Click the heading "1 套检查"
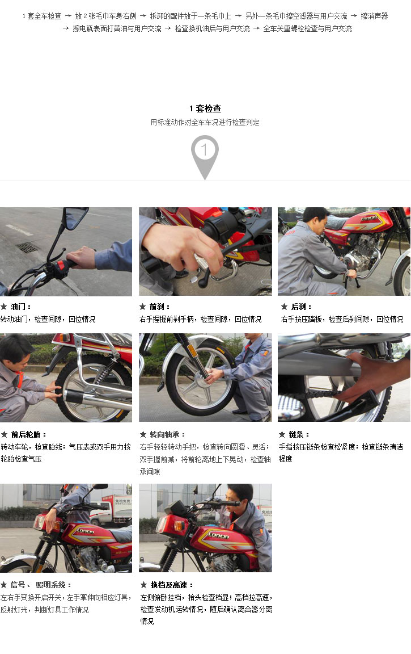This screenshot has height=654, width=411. (205, 109)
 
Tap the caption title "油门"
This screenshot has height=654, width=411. (18, 307)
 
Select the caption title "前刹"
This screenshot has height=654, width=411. (157, 307)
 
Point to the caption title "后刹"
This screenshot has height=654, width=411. (299, 307)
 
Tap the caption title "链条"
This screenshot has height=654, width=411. (296, 435)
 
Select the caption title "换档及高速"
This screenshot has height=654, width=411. (168, 585)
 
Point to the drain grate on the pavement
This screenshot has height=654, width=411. (29, 248)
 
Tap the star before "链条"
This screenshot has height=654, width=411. (282, 435)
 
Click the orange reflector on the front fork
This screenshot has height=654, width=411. (192, 350)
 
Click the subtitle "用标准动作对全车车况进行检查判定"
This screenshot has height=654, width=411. (205, 122)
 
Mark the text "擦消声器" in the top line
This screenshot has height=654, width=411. (374, 16)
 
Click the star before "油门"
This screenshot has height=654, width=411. (4, 307)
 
